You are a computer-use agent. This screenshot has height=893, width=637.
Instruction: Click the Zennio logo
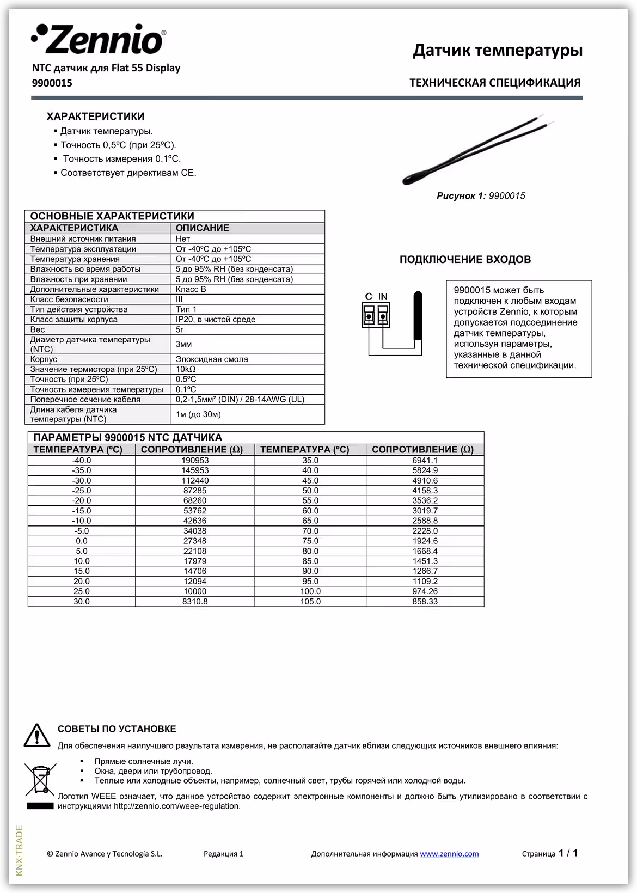coord(98,39)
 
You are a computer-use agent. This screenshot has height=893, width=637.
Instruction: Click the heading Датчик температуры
coord(497,50)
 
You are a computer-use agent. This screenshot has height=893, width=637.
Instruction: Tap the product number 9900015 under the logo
coord(52,83)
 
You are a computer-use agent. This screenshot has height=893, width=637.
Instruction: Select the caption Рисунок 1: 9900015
coord(481,196)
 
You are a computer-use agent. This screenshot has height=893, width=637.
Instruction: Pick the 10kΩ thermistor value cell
coord(186,369)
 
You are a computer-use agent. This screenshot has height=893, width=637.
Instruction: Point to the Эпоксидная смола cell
coord(212,359)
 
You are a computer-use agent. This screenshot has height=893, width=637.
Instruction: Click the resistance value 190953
coord(195,461)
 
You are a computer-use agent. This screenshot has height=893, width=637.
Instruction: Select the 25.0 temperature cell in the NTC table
coord(82,591)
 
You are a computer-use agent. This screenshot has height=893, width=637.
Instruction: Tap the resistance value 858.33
coord(425,602)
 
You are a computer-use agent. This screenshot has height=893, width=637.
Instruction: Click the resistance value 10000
coord(195,591)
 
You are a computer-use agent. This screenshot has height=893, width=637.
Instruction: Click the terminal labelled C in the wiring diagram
coord(369,316)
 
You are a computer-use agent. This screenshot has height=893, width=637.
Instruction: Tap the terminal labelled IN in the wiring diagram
coord(383,316)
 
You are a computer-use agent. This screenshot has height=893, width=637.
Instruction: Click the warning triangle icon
coord(37,736)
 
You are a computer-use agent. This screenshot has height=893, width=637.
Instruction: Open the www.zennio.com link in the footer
coord(449,854)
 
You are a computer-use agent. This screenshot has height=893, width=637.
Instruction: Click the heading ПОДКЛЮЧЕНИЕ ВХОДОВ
coord(465,260)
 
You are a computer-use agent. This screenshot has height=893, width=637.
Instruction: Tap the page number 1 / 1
coord(568,853)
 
